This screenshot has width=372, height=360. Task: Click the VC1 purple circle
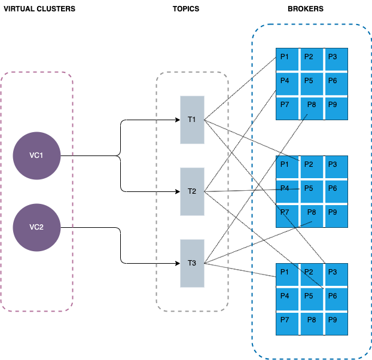36,155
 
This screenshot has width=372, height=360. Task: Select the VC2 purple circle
36,227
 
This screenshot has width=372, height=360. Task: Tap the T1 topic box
192,120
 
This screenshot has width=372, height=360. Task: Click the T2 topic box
192,191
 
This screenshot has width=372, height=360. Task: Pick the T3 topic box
192,263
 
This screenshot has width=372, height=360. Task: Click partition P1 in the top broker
286,59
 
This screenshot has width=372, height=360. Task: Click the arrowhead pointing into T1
177,120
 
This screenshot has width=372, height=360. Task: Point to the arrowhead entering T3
177,263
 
